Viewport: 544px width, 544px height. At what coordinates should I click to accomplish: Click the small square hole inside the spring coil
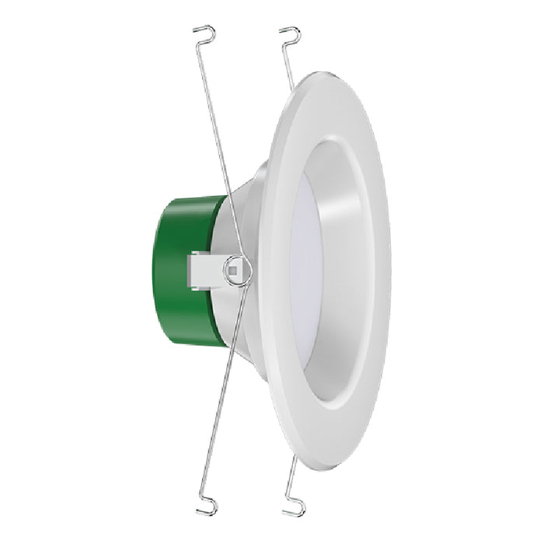click(x=232, y=270)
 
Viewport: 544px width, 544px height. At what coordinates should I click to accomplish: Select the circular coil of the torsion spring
click(x=237, y=270)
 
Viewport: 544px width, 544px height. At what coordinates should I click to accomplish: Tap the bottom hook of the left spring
click(x=206, y=509)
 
